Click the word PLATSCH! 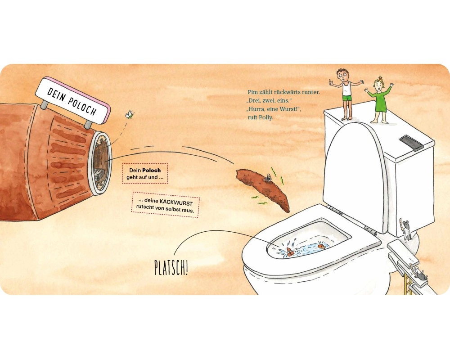point(171,268)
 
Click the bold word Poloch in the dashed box point(152,170)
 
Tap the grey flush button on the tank point(411,142)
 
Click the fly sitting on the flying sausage point(267,178)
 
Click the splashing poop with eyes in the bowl point(289,252)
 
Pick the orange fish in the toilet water point(321,246)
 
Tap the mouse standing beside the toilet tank point(406,229)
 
